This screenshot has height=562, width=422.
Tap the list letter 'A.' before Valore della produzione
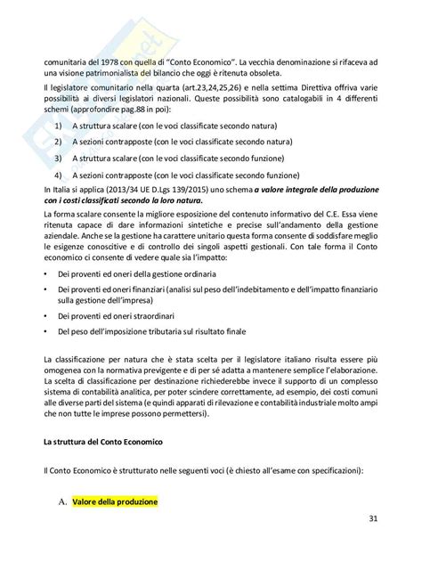click(62, 503)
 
